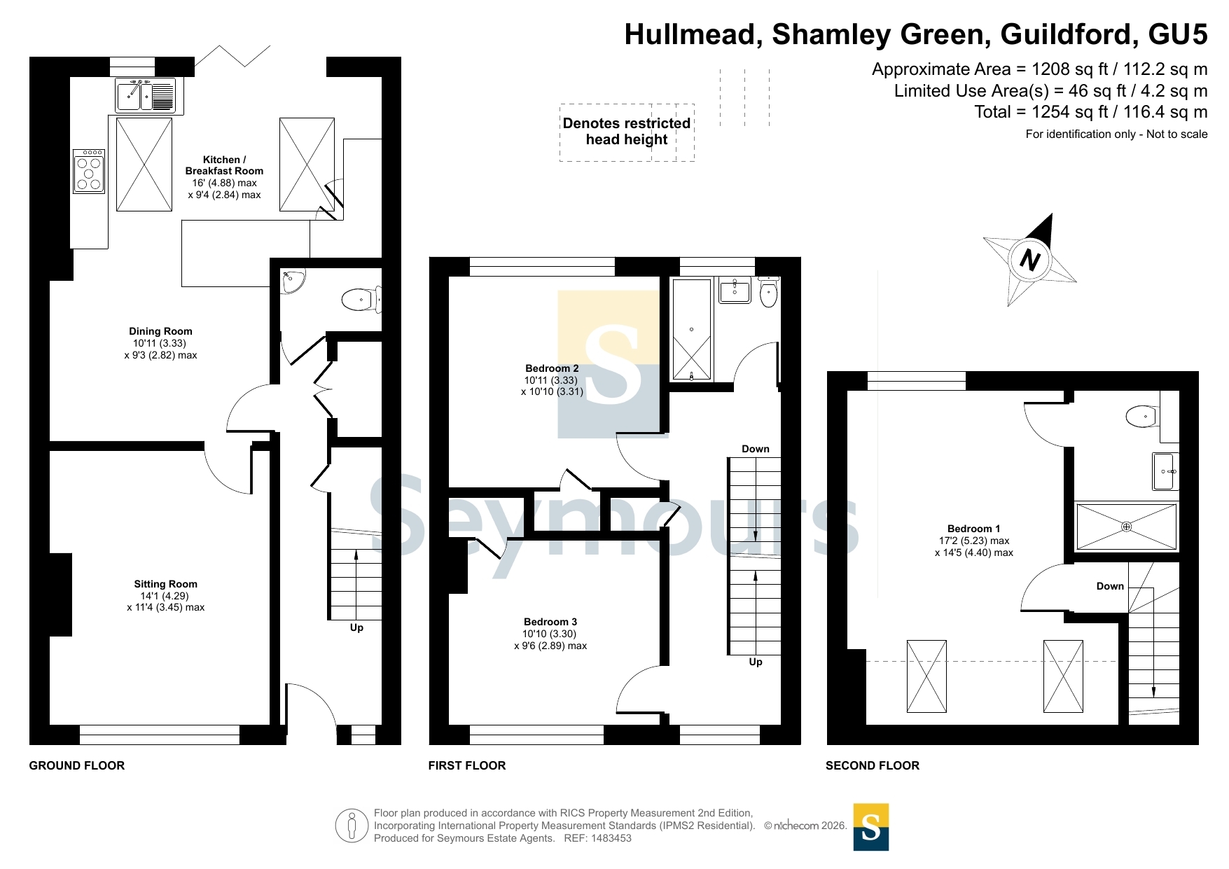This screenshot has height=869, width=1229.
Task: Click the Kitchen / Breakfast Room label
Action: point(224,165)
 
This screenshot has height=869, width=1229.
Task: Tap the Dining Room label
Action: point(160,331)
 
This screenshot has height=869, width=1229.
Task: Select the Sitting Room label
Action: point(165,584)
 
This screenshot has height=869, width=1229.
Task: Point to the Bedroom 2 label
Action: point(552,368)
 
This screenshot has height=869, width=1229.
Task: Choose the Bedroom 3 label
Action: point(550,622)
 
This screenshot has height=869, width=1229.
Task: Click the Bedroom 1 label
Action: point(973,529)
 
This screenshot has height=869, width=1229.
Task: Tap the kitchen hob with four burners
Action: point(89,171)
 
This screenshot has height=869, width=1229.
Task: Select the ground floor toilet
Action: point(361,300)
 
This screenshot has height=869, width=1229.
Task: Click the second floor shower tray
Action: point(1126,527)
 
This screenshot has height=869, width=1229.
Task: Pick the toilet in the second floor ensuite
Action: point(1142,417)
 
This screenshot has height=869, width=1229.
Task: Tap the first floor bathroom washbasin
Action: point(735,289)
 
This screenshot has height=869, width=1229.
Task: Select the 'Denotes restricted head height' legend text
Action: point(627,132)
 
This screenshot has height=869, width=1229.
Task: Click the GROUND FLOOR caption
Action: point(77,765)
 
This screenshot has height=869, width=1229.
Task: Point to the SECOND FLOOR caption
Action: point(873,765)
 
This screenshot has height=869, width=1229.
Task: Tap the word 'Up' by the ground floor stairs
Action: point(356,627)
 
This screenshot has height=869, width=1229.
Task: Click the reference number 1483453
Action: point(611,838)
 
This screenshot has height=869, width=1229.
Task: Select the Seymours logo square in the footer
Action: point(871,827)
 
